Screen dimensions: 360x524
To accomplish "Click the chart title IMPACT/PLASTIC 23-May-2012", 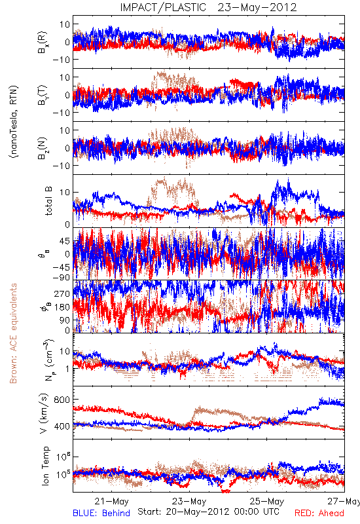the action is (208, 7).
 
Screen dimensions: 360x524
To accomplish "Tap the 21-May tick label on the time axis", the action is (111, 501).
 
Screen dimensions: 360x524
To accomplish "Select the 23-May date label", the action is (189, 501).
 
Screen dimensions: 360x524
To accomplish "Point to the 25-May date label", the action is (267, 501).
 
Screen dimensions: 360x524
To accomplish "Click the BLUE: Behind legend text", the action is (101, 513).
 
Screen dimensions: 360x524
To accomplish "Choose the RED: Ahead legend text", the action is (319, 513).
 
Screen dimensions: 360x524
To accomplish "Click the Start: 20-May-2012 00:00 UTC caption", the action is (208, 512).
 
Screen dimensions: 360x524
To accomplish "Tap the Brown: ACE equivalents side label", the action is (13, 333).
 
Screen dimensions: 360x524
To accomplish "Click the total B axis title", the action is (48, 201).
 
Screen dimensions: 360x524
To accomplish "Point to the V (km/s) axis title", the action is (45, 414).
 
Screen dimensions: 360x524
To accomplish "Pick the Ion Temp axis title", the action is (45, 466).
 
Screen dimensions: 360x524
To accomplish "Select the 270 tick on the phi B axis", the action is (62, 293).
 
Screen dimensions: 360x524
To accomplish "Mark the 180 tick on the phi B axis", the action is (62, 307).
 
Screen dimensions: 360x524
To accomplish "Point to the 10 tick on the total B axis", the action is (65, 192).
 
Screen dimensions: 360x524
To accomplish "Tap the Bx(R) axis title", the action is (43, 43).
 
